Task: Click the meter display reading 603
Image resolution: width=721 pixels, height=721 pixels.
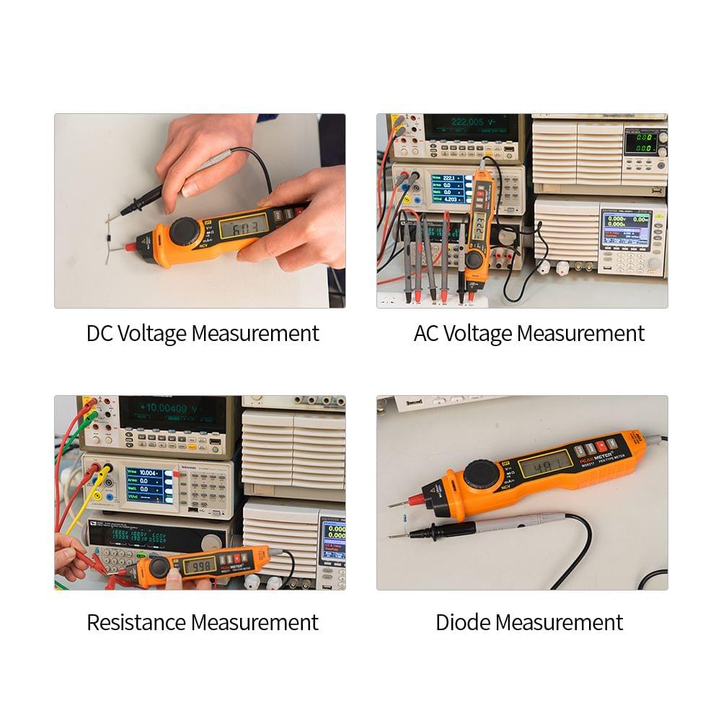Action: click(244, 226)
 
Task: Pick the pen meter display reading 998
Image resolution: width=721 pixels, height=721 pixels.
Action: click(198, 565)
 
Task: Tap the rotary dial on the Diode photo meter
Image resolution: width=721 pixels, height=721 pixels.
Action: click(484, 475)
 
